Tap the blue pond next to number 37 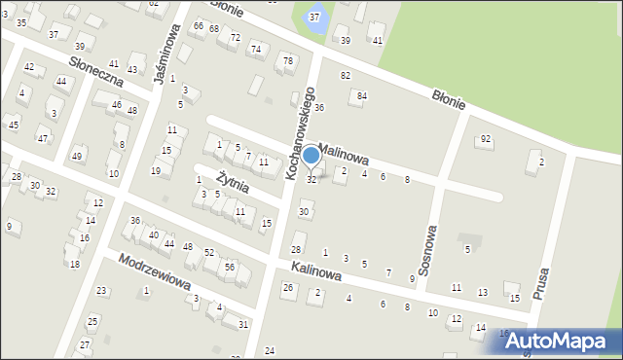(x=314, y=18)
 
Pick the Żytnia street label (x=233, y=182)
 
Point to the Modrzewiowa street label (x=153, y=274)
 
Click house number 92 (x=485, y=139)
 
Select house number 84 (x=362, y=95)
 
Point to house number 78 (x=287, y=61)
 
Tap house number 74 (x=256, y=50)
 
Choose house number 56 (x=230, y=267)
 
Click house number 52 (x=209, y=253)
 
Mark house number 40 (x=154, y=235)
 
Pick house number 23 (x=101, y=291)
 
